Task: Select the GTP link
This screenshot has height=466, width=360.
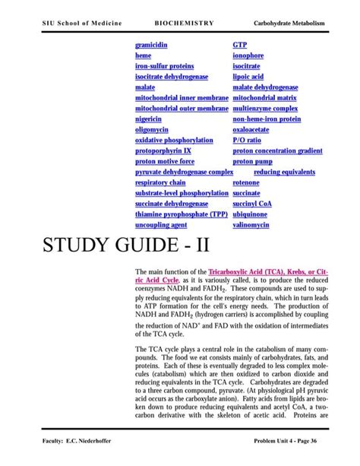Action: (x=240, y=46)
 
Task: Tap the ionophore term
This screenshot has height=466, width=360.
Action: (x=248, y=56)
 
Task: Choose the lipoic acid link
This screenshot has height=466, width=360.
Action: (x=248, y=78)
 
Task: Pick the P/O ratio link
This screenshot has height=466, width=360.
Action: (x=247, y=141)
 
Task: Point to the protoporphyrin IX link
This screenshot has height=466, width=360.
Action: (x=163, y=151)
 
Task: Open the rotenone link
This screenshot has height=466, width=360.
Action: (x=246, y=183)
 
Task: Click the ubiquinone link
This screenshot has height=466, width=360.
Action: (x=251, y=215)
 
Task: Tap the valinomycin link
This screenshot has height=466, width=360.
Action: (x=251, y=226)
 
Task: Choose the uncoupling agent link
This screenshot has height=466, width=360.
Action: (x=161, y=226)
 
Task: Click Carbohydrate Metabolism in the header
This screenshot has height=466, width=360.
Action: (x=289, y=23)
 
